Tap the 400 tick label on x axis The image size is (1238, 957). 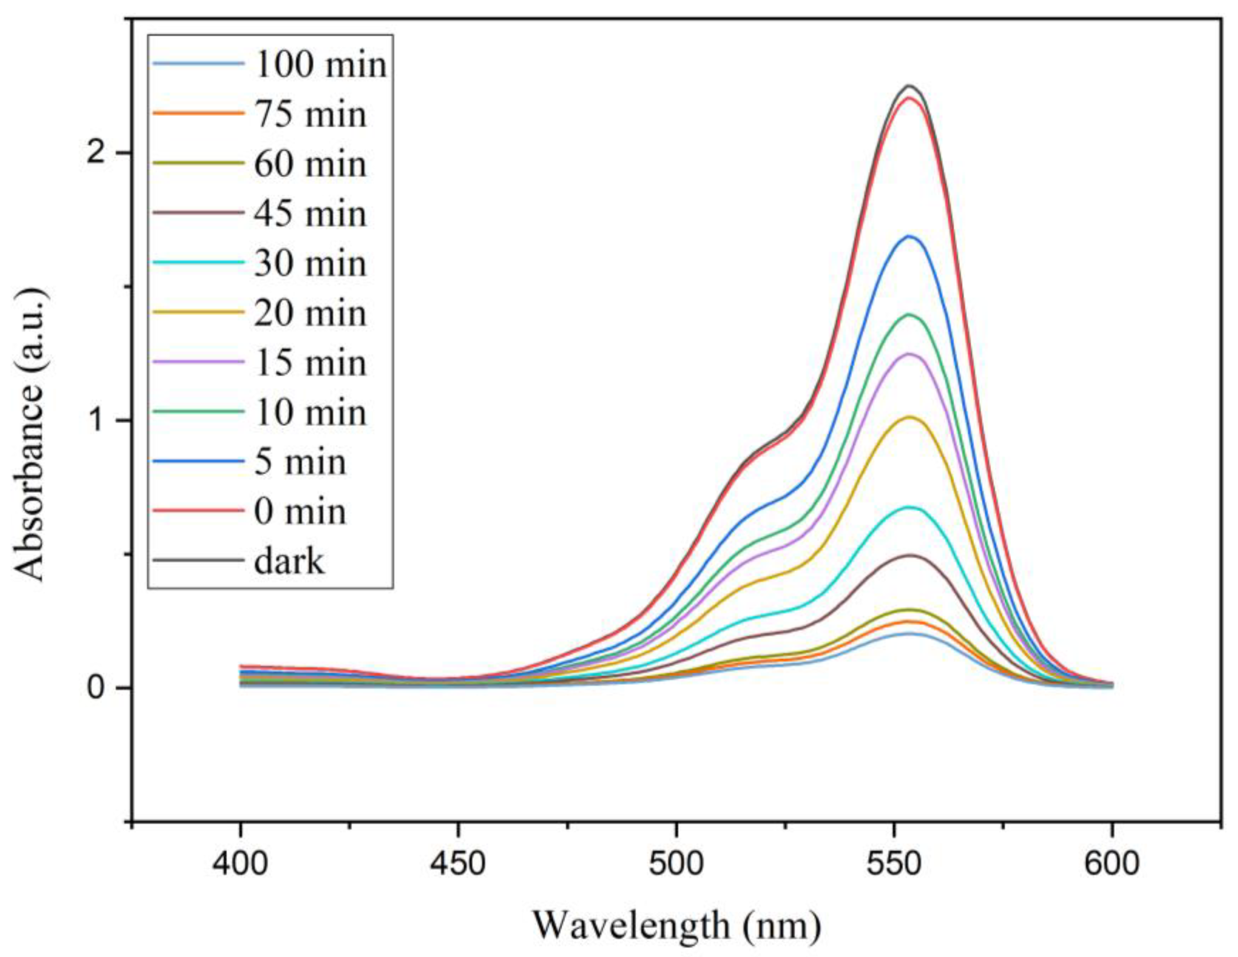(x=240, y=866)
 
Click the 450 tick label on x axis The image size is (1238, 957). (x=458, y=866)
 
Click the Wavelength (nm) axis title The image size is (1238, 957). (x=676, y=925)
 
